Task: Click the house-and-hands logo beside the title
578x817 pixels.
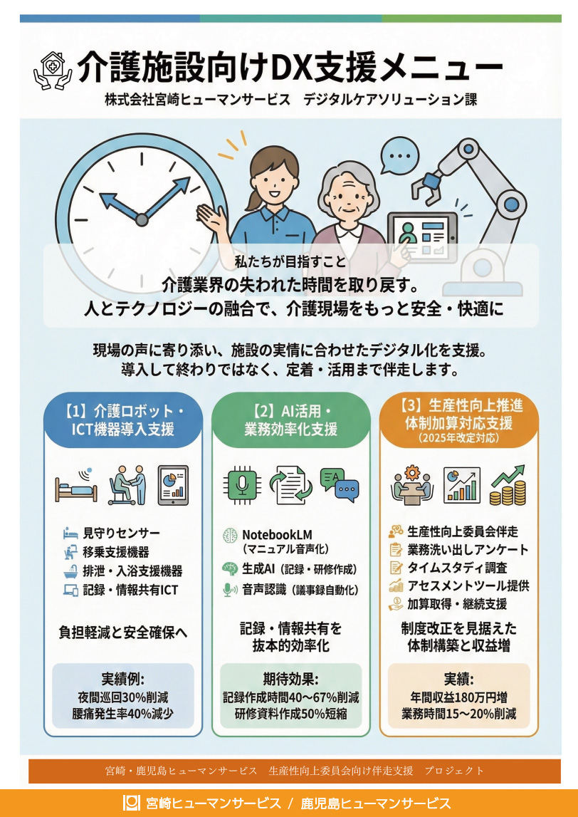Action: [52, 70]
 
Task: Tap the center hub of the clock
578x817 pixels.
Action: [142, 220]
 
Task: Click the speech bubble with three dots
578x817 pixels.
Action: [399, 155]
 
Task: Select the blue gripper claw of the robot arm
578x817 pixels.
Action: [431, 183]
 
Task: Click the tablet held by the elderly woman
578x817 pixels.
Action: [422, 234]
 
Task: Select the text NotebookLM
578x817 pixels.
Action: [277, 535]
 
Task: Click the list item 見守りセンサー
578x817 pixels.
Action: [121, 533]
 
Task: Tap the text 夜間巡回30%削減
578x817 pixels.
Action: [123, 697]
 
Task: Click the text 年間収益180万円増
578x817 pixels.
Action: [458, 697]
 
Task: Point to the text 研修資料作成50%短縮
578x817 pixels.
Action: [290, 713]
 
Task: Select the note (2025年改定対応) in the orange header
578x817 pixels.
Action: [458, 437]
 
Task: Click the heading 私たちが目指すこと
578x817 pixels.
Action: [290, 262]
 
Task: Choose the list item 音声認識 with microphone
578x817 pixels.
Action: [291, 590]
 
